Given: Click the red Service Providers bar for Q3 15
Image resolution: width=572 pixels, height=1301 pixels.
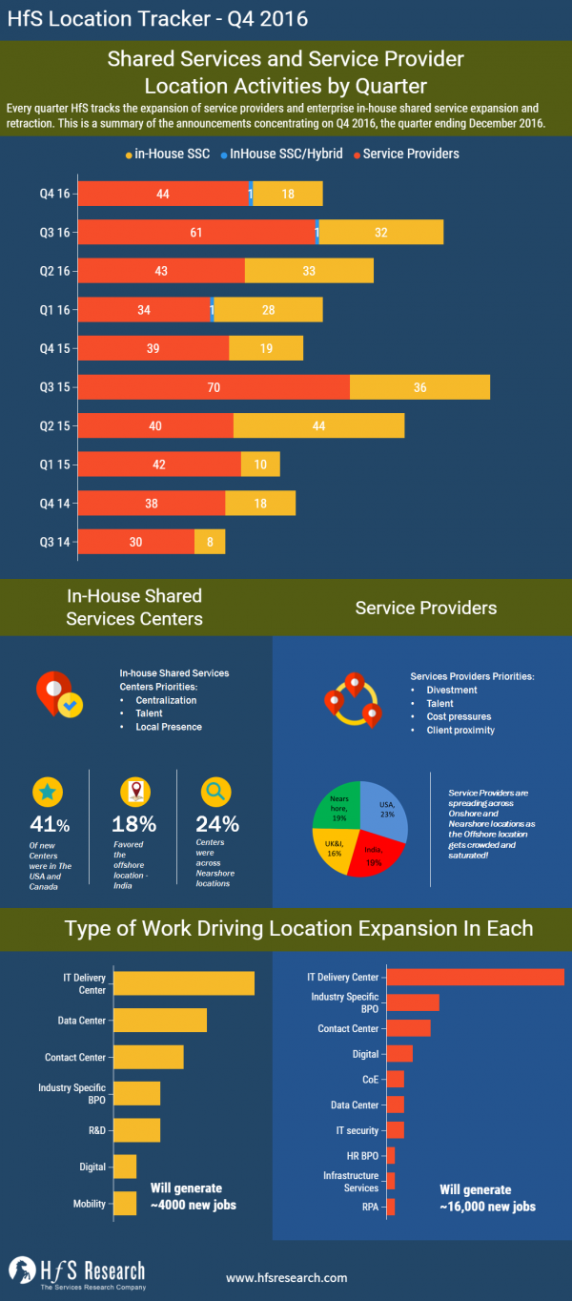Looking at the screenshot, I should click(x=214, y=387).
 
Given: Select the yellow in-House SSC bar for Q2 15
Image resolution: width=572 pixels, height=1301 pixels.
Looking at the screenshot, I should click(x=318, y=425).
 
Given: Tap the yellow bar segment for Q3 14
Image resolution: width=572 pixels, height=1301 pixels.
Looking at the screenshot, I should click(x=210, y=542).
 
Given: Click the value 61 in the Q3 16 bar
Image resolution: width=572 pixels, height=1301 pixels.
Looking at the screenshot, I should click(x=196, y=232).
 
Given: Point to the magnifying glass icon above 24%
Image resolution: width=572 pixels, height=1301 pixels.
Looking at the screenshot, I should click(x=214, y=791).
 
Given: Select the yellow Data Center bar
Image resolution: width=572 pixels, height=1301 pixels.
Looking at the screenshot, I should click(x=159, y=1020).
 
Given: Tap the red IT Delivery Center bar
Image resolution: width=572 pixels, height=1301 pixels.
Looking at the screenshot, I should click(x=475, y=977).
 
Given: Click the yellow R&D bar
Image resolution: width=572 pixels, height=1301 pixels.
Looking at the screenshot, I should click(x=136, y=1129).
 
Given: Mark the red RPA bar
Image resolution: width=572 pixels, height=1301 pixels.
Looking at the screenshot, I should click(x=390, y=1207).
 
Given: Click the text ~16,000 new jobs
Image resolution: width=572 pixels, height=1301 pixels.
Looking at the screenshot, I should click(x=487, y=1207).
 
